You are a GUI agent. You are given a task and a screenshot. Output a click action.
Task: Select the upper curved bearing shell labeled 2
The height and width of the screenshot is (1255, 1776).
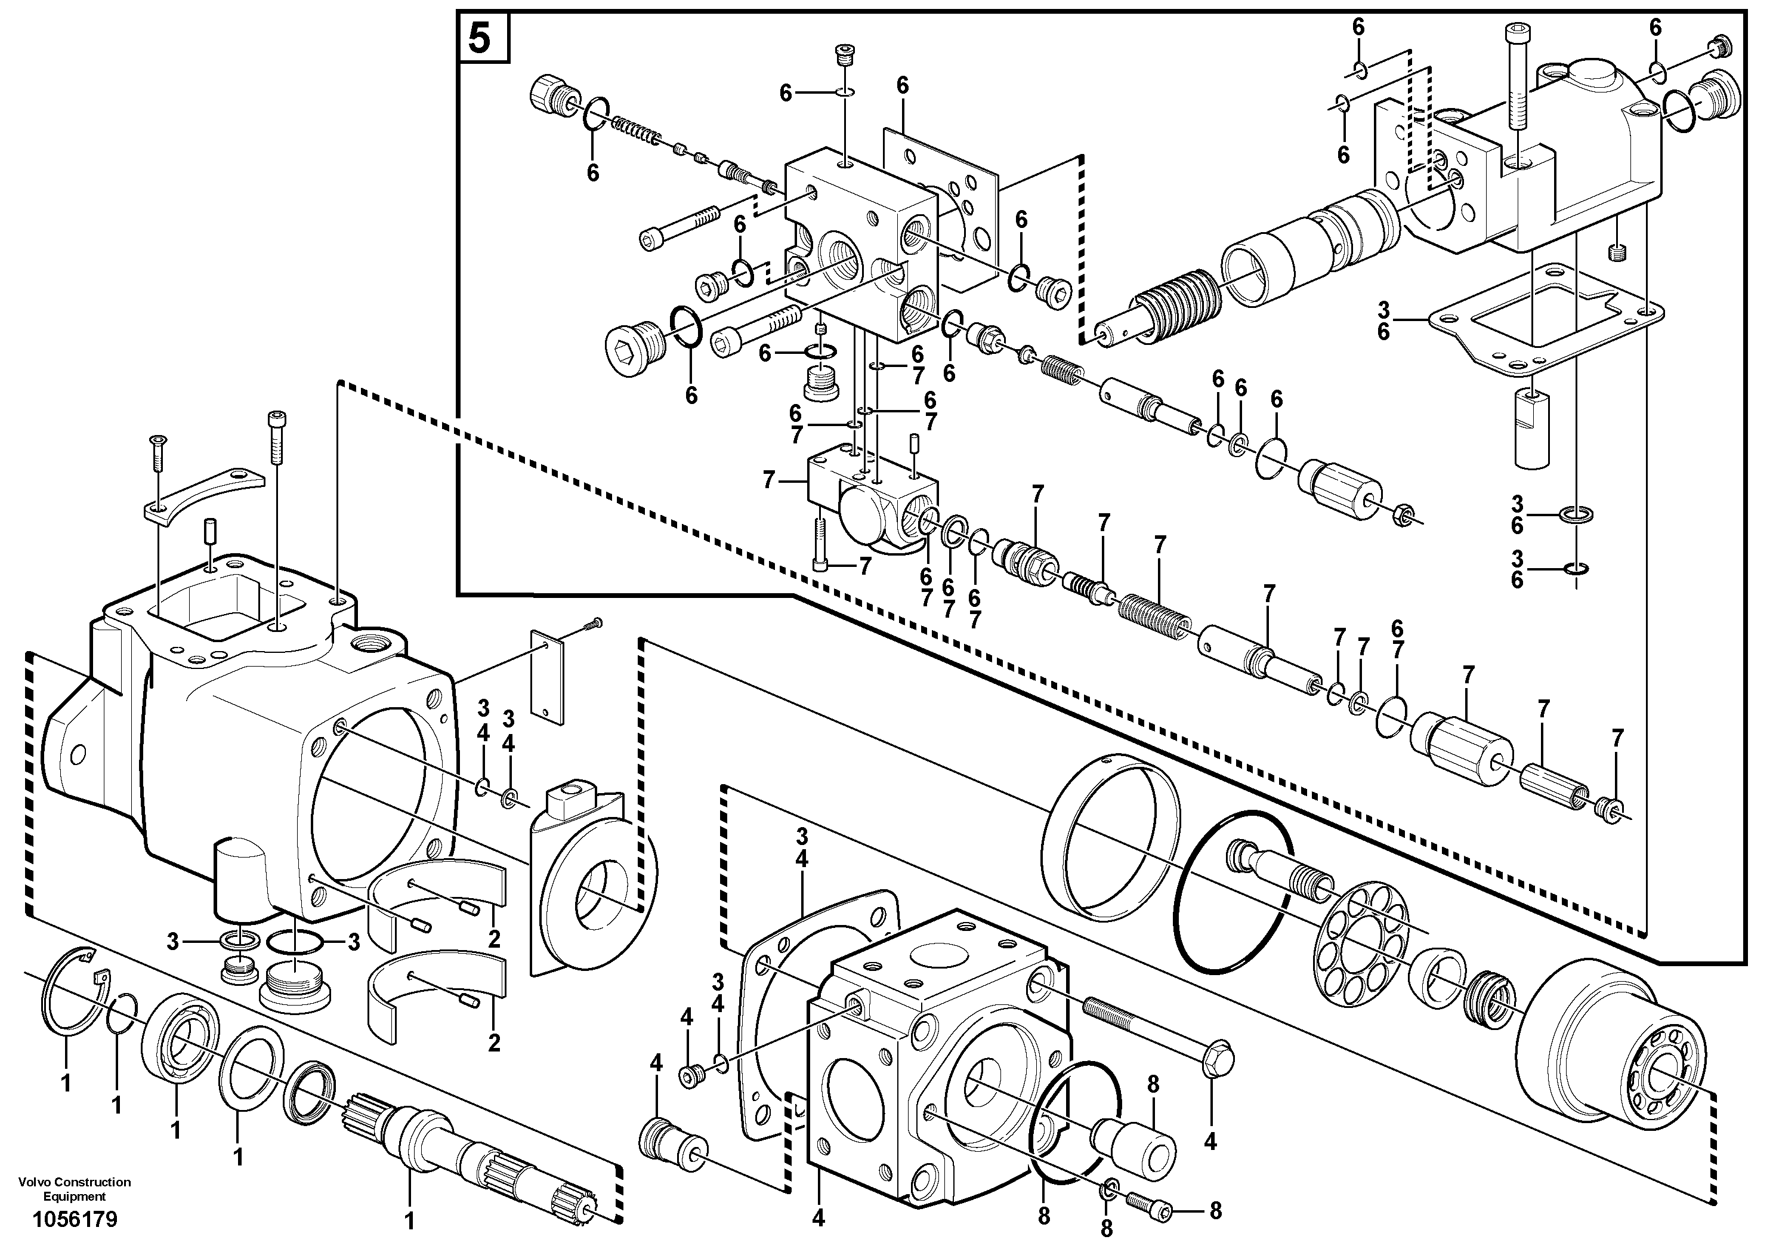tap(437, 894)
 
